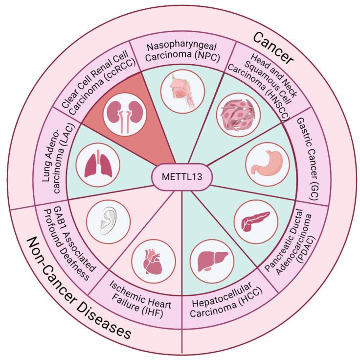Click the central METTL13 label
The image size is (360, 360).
[182, 177]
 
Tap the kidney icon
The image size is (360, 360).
[125, 115]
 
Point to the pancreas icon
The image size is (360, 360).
[255, 221]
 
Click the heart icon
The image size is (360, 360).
[153, 262]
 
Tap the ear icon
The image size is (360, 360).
[108, 221]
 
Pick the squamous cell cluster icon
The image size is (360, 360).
[238, 115]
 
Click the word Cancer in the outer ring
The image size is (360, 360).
[273, 48]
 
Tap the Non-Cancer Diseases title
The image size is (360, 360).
[79, 288]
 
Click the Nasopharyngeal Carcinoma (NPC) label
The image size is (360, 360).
[182, 52]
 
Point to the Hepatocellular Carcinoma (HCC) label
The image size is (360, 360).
[226, 300]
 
